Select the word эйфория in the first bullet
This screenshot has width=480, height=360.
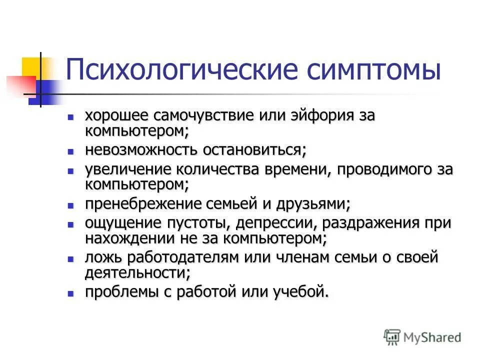(x=321, y=115)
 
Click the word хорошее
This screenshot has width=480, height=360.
(x=116, y=115)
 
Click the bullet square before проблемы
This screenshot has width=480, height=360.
(x=71, y=293)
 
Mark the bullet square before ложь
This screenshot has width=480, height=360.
(x=71, y=259)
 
